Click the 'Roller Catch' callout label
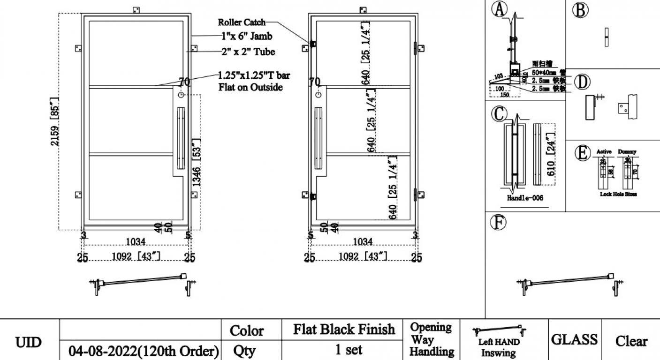click(x=242, y=22)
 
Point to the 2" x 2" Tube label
click(x=248, y=52)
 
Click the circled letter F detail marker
click(x=498, y=222)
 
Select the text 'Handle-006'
click(x=525, y=198)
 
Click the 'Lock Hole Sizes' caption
click(x=618, y=194)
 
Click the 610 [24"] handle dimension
click(x=551, y=154)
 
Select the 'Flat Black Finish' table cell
click(x=344, y=330)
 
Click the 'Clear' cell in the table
click(x=631, y=341)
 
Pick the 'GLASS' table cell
click(x=574, y=339)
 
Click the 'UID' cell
click(x=29, y=341)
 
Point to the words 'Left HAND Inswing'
click(x=498, y=347)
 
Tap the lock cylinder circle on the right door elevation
click(x=319, y=95)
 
